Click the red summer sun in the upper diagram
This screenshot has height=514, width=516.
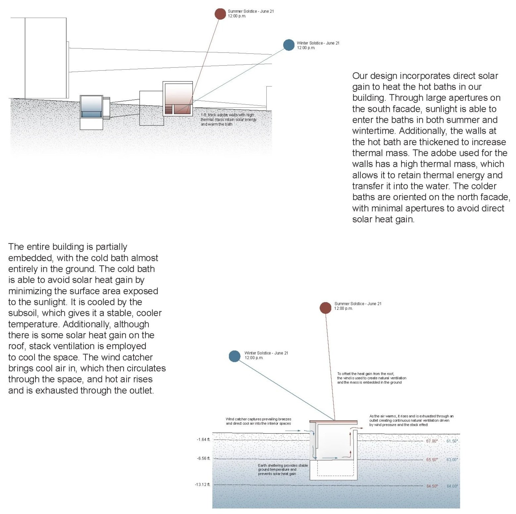(x=220, y=14)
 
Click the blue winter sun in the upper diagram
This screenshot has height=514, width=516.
(x=289, y=45)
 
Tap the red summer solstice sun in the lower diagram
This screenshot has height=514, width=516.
(x=325, y=308)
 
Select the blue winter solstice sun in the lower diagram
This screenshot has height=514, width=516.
(x=234, y=356)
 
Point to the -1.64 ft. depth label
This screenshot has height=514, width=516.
(x=203, y=439)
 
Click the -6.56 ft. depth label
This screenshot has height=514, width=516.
(x=203, y=458)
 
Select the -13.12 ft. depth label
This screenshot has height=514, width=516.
(x=202, y=485)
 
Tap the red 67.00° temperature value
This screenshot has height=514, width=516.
(x=432, y=441)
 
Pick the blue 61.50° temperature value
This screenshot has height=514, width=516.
(x=452, y=441)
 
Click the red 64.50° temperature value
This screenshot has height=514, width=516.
(x=432, y=486)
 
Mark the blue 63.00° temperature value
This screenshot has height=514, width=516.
(x=452, y=460)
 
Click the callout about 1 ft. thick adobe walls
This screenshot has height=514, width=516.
(x=228, y=120)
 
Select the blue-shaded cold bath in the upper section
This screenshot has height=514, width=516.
(x=91, y=107)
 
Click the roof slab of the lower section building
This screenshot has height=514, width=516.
(x=334, y=422)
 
